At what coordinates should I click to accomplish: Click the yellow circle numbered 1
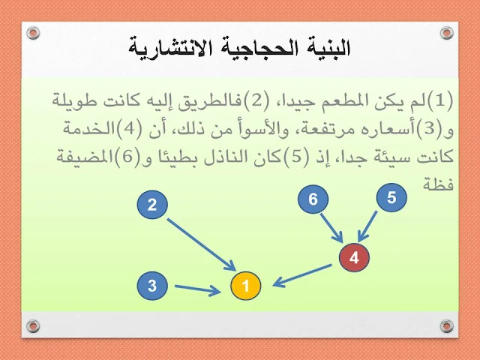(245, 286)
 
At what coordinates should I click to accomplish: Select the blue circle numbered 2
(152, 205)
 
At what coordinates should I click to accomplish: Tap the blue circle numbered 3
(152, 286)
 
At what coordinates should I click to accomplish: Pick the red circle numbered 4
(354, 257)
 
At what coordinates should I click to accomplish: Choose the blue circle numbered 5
(391, 197)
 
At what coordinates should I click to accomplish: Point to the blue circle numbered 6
(313, 199)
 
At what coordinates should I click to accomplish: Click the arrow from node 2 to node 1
(202, 244)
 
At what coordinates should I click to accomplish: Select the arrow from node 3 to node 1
(197, 289)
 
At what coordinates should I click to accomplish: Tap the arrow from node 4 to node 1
(301, 276)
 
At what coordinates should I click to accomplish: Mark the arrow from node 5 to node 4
(367, 226)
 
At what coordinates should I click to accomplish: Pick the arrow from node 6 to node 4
(331, 227)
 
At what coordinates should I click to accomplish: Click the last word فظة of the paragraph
(438, 184)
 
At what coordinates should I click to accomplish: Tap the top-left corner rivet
(33, 33)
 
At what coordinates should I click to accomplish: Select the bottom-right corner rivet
(447, 325)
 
